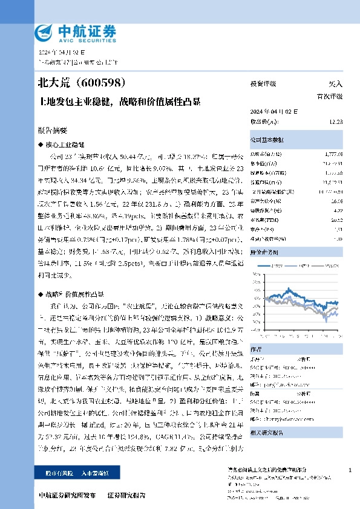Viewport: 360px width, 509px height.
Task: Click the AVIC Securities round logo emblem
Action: coord(42,31)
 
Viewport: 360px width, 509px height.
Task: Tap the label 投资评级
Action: coord(263,84)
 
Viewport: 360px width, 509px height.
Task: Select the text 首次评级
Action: coord(330,96)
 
